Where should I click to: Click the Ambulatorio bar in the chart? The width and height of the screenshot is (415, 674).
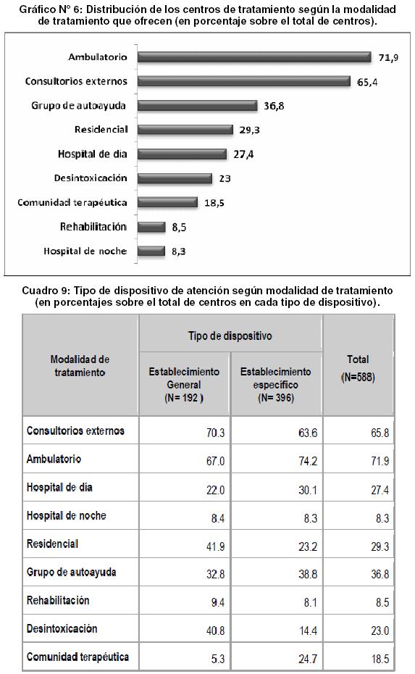point(254,57)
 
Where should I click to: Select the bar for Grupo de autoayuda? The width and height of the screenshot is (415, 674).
point(198,106)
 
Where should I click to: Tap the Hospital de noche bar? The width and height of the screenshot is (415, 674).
point(151,251)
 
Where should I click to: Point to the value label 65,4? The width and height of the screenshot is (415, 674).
point(367,82)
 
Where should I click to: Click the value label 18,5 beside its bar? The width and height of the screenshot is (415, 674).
point(214,203)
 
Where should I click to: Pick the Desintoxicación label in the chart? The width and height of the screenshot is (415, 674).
point(91,178)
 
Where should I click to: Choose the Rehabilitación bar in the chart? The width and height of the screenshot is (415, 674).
point(151,227)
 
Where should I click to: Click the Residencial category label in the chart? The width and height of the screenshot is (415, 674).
point(101,130)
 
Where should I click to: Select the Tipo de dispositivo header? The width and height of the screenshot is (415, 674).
point(230,336)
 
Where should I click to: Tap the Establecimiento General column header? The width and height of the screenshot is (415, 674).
point(184,384)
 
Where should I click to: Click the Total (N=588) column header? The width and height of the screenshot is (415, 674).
point(358,368)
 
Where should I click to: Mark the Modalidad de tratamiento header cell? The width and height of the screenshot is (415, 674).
point(80,366)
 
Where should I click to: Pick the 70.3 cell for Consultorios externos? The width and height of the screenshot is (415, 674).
point(216,433)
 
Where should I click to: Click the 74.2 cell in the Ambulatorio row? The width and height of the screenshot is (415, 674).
point(308,461)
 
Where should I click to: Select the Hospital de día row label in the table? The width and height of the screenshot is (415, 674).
point(59,487)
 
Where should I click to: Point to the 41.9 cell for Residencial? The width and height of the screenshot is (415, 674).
point(216,546)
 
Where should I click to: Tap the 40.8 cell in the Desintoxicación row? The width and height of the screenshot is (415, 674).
point(216,631)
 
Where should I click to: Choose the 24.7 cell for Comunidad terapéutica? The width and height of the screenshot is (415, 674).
point(308,659)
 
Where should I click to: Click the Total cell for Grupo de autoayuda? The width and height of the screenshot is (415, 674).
point(380,574)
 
